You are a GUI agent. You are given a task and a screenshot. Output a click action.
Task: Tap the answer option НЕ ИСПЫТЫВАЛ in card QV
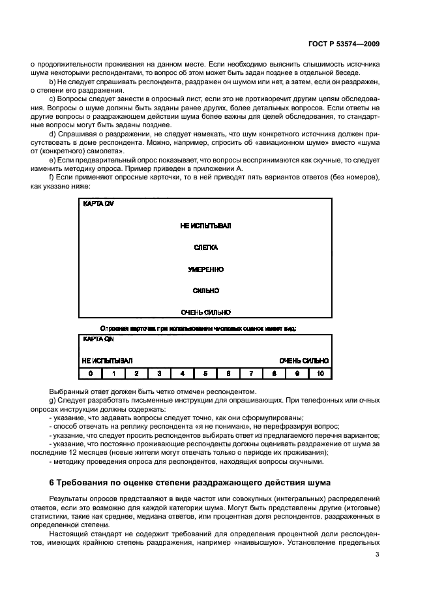[x=206, y=226]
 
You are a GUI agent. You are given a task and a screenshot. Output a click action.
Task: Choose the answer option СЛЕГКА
[x=206, y=248]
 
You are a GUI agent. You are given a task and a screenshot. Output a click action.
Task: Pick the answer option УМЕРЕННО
[x=206, y=269]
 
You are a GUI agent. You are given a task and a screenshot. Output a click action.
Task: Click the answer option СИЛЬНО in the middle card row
[x=206, y=291]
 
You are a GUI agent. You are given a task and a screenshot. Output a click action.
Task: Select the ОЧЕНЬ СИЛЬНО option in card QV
[x=206, y=313]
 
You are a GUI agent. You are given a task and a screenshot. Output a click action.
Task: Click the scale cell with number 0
[x=91, y=374]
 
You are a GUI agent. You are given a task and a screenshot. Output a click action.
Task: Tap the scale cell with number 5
[x=205, y=374]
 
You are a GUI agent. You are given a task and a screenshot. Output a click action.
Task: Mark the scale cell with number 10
[x=320, y=374]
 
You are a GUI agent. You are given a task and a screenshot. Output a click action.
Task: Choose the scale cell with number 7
[x=251, y=374]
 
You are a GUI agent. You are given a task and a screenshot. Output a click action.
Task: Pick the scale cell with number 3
[x=159, y=374]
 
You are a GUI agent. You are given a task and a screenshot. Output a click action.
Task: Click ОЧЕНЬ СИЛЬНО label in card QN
[x=304, y=361]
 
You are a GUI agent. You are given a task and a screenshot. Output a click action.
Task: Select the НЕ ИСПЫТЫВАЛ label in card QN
[x=107, y=361]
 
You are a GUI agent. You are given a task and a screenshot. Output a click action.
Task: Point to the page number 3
[x=378, y=555]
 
